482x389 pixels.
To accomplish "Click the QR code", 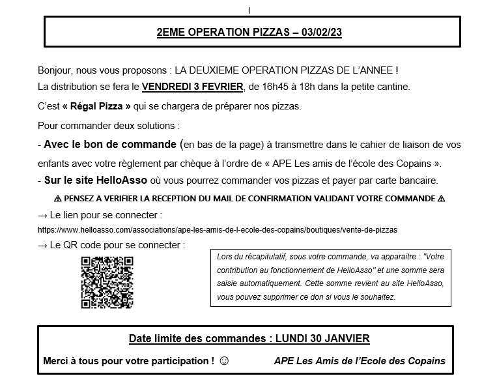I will pos(107,281).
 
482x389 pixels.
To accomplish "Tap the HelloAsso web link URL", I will pos(218,229).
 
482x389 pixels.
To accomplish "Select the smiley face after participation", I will pos(225,360).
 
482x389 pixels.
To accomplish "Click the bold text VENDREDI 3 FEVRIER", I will pos(192,86).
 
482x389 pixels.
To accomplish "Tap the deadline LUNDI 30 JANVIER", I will pos(322,338).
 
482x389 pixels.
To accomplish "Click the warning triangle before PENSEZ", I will pos(57,198).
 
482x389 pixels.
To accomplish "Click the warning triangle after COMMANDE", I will pos(442,198).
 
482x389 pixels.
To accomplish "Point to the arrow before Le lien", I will pos(43,215).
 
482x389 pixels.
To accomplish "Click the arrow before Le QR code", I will pos(43,246).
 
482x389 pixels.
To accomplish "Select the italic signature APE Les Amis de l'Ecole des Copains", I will pos(360,360).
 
